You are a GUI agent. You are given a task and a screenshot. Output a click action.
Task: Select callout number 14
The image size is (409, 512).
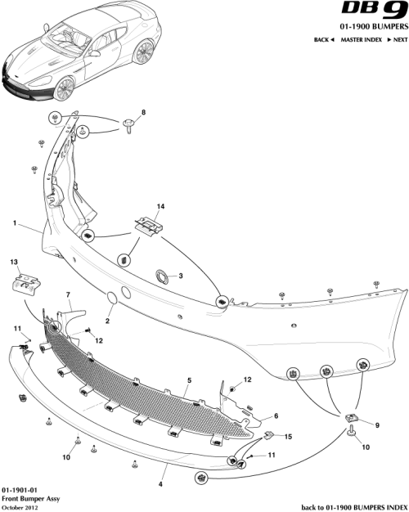pyautogui.click(x=160, y=206)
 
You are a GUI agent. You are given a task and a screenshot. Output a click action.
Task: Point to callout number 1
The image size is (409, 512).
pyautogui.click(x=15, y=222)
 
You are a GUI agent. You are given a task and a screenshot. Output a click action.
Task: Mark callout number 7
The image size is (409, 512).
pyautogui.click(x=68, y=293)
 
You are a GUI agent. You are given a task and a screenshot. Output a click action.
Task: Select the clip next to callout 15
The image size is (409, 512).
pyautogui.click(x=267, y=438)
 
